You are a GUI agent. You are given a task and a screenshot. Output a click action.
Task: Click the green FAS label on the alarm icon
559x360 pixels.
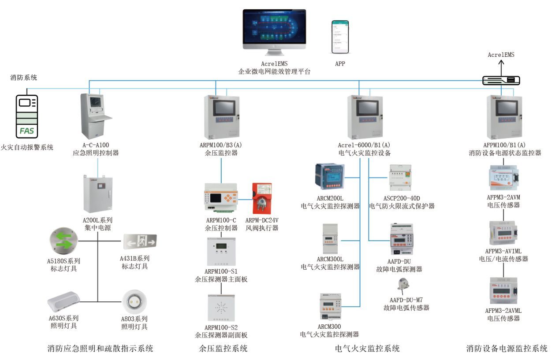click(27, 131)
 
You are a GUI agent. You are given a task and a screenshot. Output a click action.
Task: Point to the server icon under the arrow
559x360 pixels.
click(501, 80)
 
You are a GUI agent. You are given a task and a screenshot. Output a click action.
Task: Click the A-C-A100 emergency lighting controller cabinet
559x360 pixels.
click(95, 115)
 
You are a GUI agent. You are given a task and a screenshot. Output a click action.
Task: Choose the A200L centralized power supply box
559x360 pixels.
click(97, 194)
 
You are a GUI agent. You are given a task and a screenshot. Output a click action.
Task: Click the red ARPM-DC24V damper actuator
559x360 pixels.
click(261, 198)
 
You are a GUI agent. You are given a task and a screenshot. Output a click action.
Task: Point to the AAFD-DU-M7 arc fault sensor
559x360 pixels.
click(404, 284)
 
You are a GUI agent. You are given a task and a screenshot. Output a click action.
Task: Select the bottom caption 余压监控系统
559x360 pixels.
click(223, 349)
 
